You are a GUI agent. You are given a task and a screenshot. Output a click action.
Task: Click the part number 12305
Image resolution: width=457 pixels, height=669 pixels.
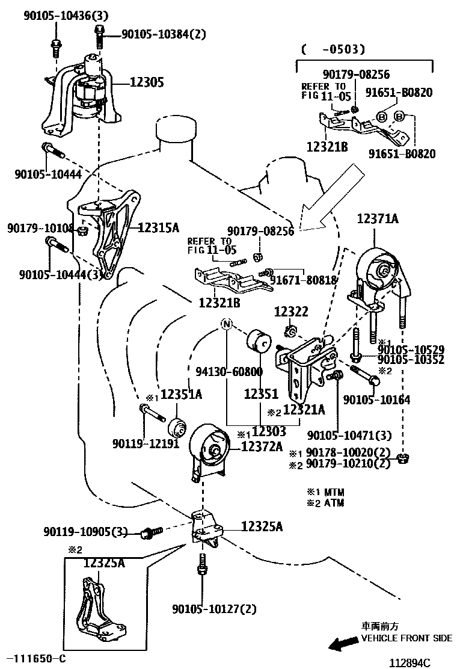pos(147,82)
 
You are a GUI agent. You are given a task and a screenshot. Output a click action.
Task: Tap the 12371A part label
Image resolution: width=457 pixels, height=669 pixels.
pos(378,219)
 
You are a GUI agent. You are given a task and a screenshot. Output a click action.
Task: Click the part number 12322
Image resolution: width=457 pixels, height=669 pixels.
pos(291,312)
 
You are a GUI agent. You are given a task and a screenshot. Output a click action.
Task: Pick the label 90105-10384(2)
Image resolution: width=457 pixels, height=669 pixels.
pos(164,34)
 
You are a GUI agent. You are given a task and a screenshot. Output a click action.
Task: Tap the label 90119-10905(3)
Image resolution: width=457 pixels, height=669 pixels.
pos(85,532)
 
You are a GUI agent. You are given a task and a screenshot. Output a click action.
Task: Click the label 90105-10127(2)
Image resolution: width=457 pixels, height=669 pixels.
pos(214,609)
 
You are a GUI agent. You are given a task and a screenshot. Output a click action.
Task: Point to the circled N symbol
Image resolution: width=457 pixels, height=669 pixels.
pos(227,324)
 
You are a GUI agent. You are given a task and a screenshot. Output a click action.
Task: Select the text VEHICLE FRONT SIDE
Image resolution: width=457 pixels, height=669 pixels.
pos(406,638)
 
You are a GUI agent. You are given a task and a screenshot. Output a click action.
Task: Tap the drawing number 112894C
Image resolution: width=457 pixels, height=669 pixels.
pos(411,663)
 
